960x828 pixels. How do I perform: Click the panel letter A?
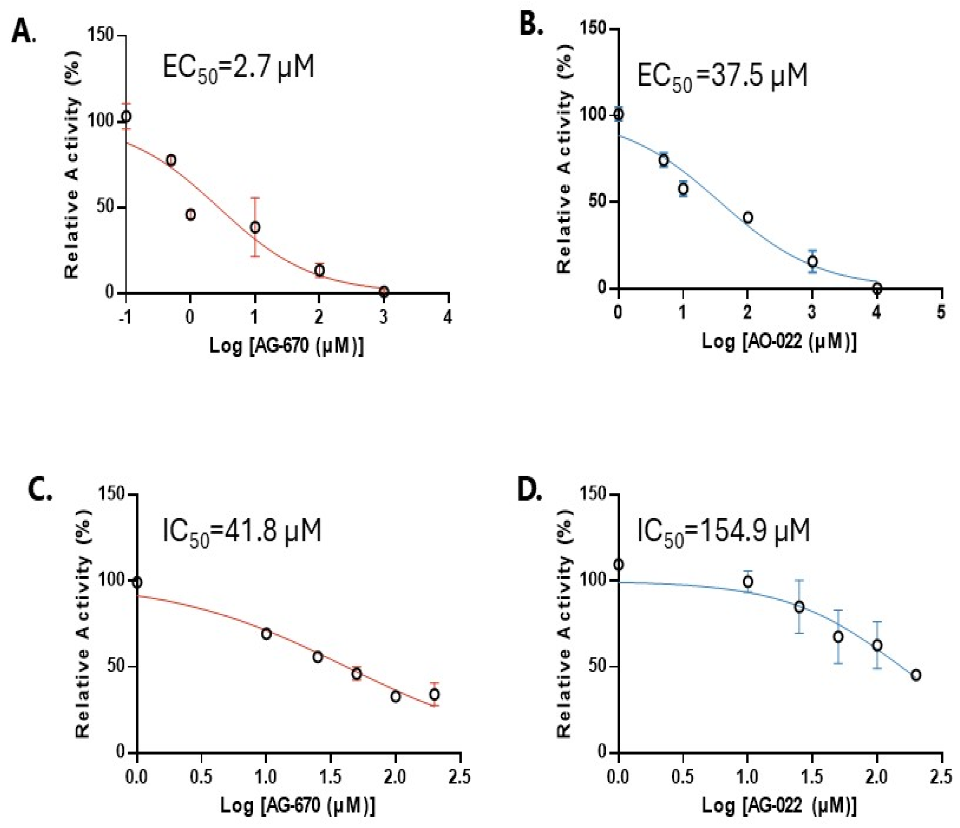pos(22,33)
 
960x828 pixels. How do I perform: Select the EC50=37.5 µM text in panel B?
pos(722,76)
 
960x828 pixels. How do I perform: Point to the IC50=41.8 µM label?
pos(242,532)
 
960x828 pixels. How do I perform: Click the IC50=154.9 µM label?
pos(723,532)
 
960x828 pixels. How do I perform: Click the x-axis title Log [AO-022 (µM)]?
pos(779,342)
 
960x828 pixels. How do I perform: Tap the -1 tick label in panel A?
pos(125,317)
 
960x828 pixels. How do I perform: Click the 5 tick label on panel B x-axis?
pos(941,312)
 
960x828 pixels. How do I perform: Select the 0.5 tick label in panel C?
pos(201,776)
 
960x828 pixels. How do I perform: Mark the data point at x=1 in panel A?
pos(255,227)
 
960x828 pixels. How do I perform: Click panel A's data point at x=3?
pos(384,291)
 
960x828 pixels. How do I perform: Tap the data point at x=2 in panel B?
pos(747,218)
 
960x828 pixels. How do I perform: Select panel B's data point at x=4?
pos(877,288)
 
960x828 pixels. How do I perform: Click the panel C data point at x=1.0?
pos(266,634)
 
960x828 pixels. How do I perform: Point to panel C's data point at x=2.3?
pos(434,694)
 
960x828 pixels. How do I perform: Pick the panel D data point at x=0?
pos(618,565)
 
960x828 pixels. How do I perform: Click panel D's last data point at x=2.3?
pos(915,675)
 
